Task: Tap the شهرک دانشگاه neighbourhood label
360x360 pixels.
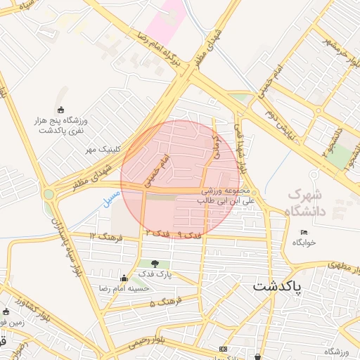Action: point(308,201)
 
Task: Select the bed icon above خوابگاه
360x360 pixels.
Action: point(304,233)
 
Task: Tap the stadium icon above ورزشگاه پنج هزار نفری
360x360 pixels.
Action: point(60,108)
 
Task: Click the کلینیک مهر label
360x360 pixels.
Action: point(100,150)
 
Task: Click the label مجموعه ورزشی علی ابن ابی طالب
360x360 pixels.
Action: point(226,195)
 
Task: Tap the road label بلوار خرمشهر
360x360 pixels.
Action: point(338,49)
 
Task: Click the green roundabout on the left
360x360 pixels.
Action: point(49,194)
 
